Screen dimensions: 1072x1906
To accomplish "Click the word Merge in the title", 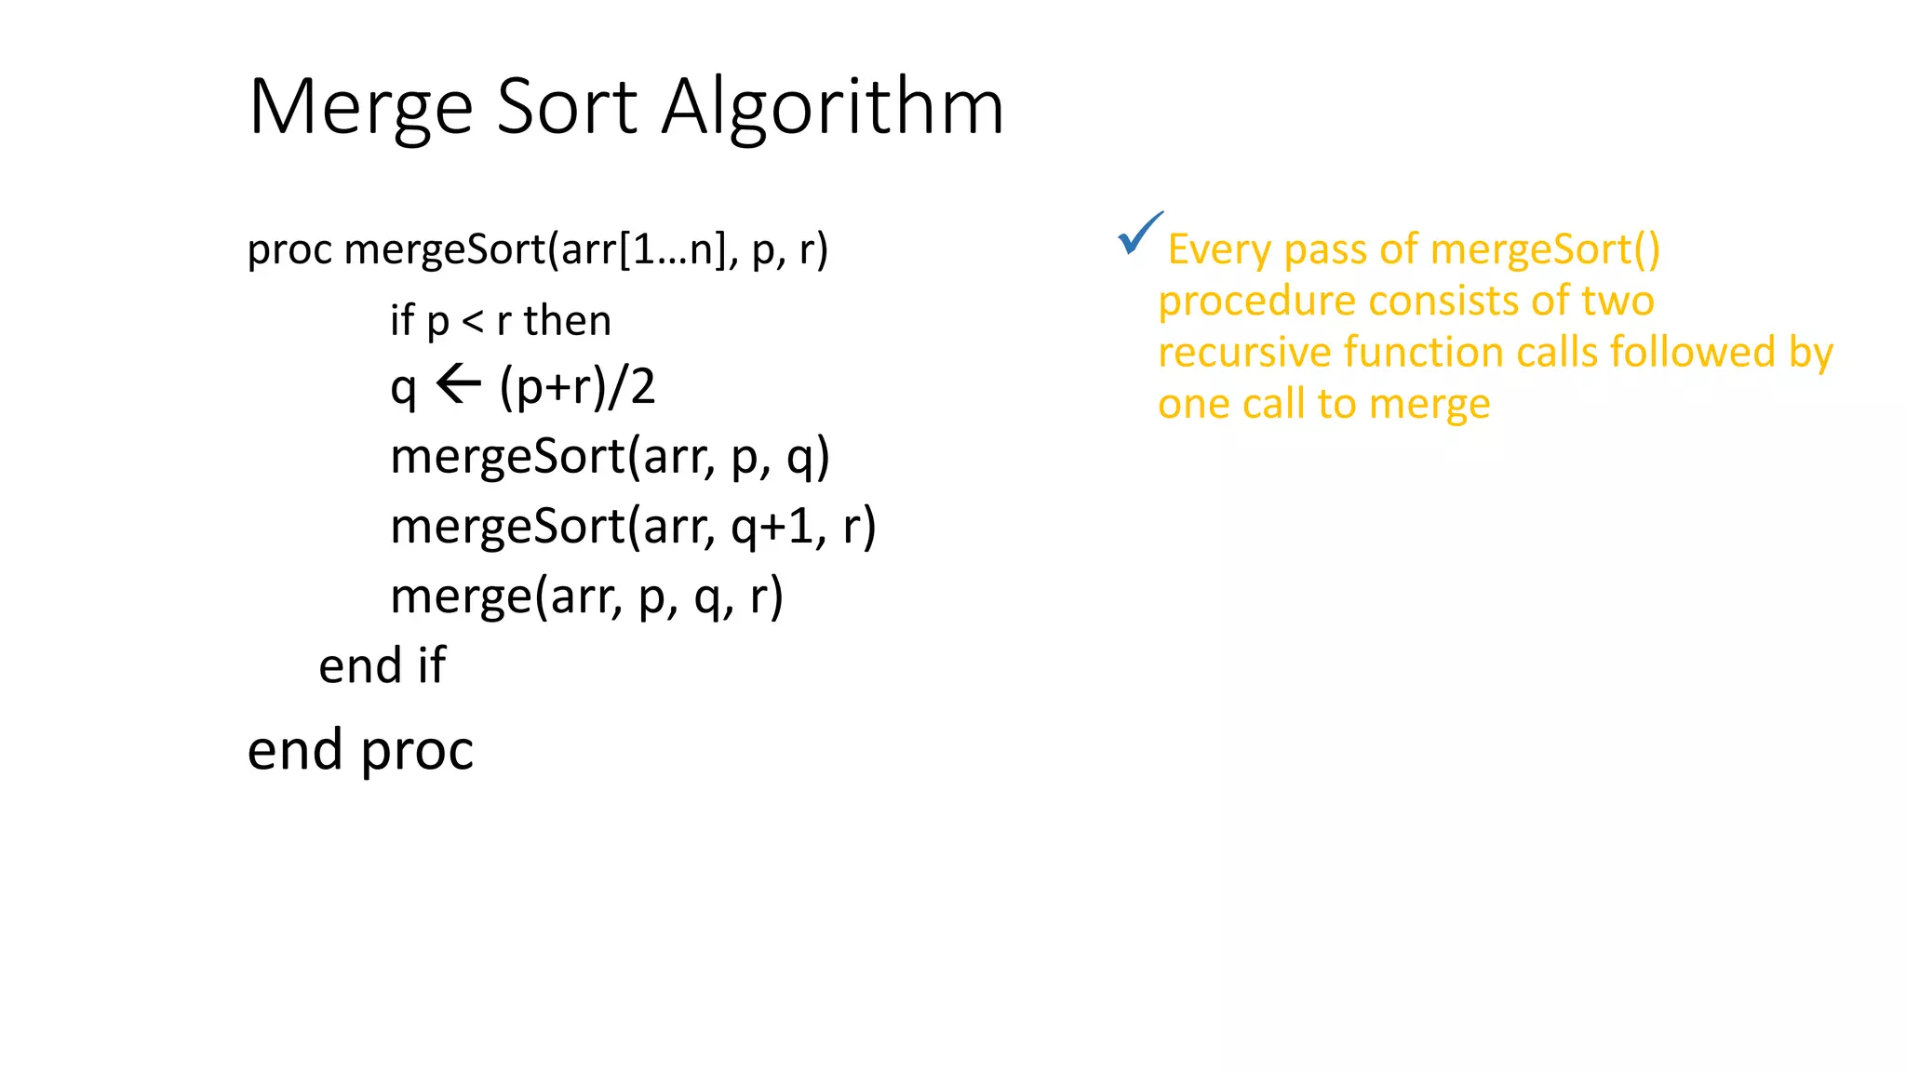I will click(x=361, y=108).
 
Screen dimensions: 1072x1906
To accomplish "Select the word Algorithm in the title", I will click(x=832, y=108).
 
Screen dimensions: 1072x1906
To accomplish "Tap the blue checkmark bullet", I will click(x=1139, y=234).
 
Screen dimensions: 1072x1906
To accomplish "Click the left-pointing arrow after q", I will click(x=458, y=384).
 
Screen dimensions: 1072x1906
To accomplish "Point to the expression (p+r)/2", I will click(x=577, y=386).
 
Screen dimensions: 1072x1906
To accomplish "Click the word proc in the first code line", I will click(x=289, y=250).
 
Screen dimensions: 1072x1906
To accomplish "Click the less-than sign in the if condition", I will click(x=473, y=321).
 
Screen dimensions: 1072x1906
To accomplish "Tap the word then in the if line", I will click(x=567, y=321).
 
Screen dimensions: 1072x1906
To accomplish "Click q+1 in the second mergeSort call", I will click(x=772, y=526).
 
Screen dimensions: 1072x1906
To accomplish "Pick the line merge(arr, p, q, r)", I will click(x=586, y=596).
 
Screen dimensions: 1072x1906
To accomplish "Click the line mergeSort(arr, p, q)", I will click(x=610, y=457).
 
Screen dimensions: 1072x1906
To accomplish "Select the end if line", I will click(x=382, y=666).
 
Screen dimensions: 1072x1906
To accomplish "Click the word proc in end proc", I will click(x=417, y=751).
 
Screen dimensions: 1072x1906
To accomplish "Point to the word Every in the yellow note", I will click(x=1219, y=250).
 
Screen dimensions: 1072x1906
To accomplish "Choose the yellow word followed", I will click(x=1693, y=353).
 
